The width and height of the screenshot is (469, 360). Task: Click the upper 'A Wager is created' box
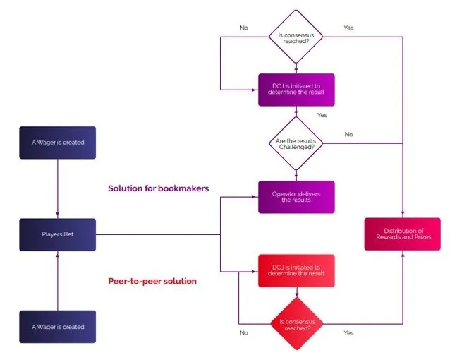(x=58, y=143)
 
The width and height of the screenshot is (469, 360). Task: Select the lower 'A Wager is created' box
(x=58, y=327)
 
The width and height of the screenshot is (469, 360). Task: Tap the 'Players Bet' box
(x=58, y=234)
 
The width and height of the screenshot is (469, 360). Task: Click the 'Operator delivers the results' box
(x=296, y=197)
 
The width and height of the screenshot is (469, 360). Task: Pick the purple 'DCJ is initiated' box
(x=296, y=90)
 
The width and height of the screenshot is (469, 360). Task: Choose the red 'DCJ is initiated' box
(x=296, y=271)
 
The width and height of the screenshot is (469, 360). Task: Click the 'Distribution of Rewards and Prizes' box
(x=403, y=234)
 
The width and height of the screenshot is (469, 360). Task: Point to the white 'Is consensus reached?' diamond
(x=296, y=37)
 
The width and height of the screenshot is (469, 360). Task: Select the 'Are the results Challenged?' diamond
(x=296, y=143)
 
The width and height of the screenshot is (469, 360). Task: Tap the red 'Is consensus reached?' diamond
(x=297, y=324)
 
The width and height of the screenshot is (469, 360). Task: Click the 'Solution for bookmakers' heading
(x=159, y=188)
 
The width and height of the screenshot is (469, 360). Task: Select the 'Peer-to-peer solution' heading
(x=152, y=282)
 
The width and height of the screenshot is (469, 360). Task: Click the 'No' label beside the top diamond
(x=244, y=28)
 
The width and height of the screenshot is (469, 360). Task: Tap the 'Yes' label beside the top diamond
(x=349, y=28)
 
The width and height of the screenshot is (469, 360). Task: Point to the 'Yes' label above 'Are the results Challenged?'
(x=322, y=115)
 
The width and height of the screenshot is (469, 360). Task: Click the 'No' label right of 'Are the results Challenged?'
(x=349, y=134)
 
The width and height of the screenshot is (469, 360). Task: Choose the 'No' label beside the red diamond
(x=244, y=332)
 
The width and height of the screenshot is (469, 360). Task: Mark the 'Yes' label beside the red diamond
(x=349, y=332)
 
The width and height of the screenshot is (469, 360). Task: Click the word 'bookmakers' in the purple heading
(x=183, y=188)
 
